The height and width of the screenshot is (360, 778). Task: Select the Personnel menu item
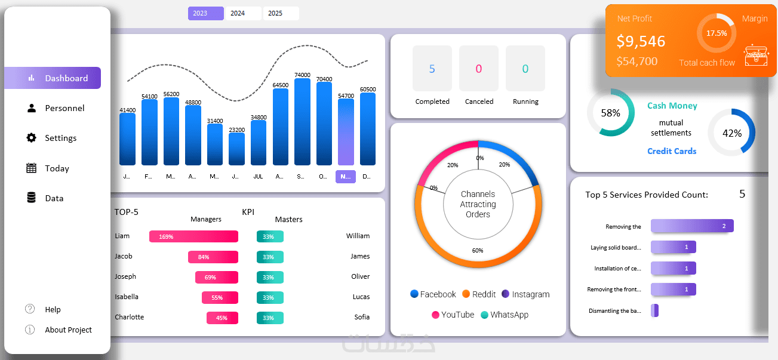64,108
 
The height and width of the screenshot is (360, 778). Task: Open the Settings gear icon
32,138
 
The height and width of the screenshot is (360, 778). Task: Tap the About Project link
68,330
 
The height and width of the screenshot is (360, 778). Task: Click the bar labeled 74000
303,122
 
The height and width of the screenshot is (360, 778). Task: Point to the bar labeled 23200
237,149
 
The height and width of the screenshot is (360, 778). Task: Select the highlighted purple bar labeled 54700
346,132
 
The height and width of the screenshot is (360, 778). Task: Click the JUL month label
259,177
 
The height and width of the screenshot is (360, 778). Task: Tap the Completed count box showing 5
432,69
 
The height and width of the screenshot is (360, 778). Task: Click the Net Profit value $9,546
641,41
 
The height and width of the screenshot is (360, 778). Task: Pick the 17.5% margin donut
717,33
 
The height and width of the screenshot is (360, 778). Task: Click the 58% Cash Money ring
610,113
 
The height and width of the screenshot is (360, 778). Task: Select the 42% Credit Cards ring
731,133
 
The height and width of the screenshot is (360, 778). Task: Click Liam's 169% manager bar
193,236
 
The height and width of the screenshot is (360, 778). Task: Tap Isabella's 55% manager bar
220,297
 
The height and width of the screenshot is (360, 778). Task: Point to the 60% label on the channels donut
478,250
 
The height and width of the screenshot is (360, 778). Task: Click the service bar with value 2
692,226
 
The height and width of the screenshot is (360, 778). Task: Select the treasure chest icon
755,56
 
